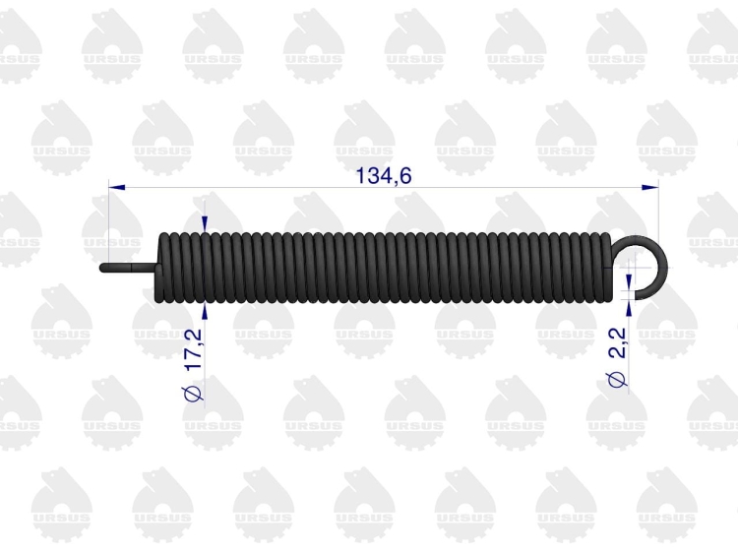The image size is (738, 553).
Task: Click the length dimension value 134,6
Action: [x=384, y=176]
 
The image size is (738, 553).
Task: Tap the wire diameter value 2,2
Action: [x=618, y=342]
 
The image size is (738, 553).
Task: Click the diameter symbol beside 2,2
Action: [x=617, y=380]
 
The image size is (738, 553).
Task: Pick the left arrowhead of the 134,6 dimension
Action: [x=117, y=187]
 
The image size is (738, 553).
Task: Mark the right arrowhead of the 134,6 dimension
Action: [x=650, y=187]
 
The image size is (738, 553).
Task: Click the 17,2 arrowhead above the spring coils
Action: [x=205, y=224]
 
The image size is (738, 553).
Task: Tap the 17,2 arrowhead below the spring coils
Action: [x=205, y=311]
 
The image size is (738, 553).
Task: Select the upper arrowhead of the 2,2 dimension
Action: [x=629, y=282]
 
